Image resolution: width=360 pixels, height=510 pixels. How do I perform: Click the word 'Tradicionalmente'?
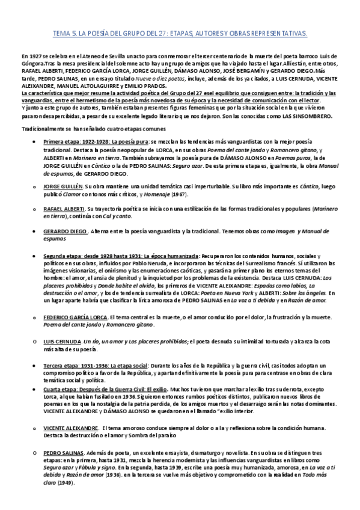click(x=41, y=129)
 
